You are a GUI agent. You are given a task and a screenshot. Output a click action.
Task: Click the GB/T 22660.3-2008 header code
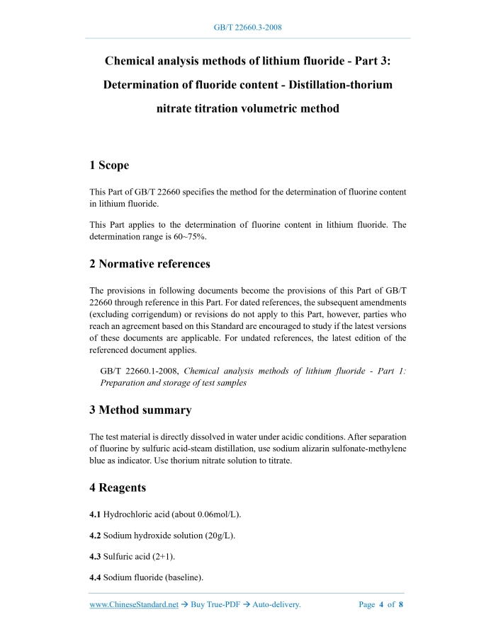pyautogui.click(x=248, y=28)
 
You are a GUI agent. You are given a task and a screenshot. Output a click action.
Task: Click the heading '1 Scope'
pyautogui.click(x=109, y=166)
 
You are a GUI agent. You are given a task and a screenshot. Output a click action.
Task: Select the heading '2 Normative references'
pyautogui.click(x=150, y=264)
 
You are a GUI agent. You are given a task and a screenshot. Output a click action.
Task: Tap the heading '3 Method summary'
pyautogui.click(x=140, y=410)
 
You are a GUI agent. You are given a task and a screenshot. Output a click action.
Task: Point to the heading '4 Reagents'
pyautogui.click(x=118, y=487)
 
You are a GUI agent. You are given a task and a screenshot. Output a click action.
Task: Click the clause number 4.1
pyautogui.click(x=95, y=514)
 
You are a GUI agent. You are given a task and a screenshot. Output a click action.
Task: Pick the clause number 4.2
pyautogui.click(x=95, y=536)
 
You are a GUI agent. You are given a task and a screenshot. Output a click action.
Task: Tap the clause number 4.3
pyautogui.click(x=95, y=557)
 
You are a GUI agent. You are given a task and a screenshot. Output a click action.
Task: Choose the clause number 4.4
pyautogui.click(x=95, y=578)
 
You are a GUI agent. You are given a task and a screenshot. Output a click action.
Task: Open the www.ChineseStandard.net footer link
pyautogui.click(x=134, y=605)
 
